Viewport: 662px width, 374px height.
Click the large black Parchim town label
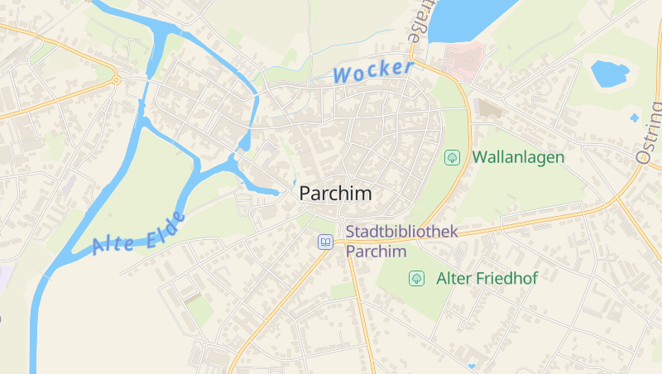335,193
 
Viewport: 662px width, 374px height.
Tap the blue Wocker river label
372,71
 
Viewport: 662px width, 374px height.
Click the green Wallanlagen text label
518,156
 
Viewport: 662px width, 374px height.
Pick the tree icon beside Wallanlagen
453,156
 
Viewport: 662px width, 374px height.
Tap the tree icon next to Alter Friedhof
416,279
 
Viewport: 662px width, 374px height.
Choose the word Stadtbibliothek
401,233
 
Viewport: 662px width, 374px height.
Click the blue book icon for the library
326,242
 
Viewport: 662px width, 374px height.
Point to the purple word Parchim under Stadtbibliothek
377,252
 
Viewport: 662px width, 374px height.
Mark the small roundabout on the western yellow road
117,80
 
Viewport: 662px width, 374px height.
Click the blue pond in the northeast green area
610,74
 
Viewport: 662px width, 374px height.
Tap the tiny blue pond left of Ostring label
635,118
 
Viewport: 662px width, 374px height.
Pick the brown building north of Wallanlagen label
489,108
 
